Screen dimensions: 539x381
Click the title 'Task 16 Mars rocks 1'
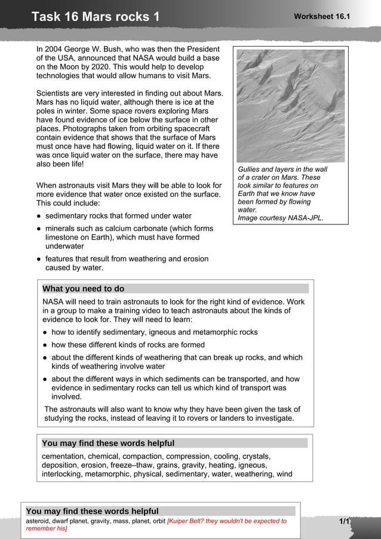point(96,17)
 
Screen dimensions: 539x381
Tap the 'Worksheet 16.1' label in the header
point(321,16)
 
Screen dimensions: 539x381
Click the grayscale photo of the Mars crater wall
point(290,106)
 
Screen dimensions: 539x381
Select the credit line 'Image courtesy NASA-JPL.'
point(280,218)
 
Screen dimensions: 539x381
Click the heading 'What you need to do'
point(84,289)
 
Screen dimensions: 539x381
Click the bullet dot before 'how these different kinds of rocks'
point(45,345)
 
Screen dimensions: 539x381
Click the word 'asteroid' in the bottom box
point(39,521)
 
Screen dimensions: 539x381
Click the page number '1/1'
point(344,522)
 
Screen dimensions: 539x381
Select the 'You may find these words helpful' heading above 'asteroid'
point(93,512)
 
